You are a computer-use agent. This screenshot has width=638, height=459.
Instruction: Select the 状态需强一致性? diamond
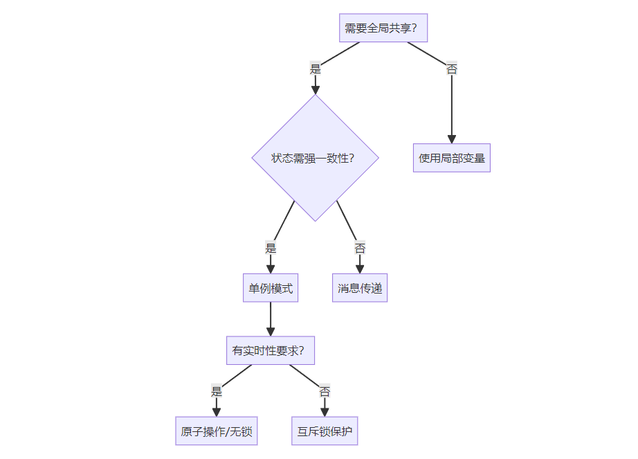coord(315,158)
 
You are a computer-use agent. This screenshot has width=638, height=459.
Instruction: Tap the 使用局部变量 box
coord(451,158)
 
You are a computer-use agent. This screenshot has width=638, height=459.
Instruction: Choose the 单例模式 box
coord(270,288)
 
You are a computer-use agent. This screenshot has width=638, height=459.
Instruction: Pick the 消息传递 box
coord(359,288)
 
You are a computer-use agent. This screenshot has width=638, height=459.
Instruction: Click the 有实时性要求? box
coord(270,350)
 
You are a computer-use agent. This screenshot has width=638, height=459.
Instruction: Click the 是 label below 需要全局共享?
coord(316,69)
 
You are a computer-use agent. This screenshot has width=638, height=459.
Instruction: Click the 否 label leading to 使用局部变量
coord(451,69)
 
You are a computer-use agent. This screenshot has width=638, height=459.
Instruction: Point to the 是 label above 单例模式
coord(271,248)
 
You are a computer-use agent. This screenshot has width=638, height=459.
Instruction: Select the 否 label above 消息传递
coord(360,248)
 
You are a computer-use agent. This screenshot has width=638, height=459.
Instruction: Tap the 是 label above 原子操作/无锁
coord(217,391)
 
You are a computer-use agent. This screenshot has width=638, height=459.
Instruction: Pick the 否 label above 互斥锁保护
coord(325,391)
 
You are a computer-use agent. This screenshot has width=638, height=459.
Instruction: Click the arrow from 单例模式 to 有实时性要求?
coord(270,319)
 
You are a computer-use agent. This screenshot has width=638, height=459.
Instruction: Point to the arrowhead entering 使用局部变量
coord(451,139)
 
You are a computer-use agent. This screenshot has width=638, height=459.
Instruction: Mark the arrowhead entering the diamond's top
coord(316,89)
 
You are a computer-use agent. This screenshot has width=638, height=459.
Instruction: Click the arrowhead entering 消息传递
coord(360,269)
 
